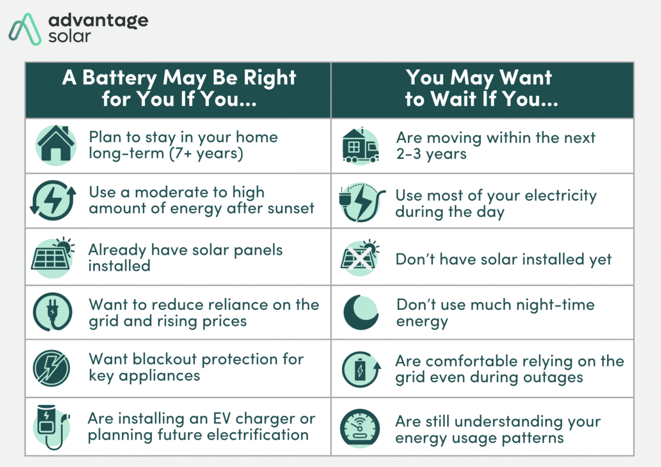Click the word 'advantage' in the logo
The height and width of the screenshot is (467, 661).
point(98,20)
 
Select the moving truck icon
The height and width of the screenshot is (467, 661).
point(360,146)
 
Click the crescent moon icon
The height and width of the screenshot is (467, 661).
point(360,312)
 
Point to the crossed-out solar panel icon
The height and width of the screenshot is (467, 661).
point(360,257)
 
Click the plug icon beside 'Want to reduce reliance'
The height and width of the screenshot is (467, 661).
point(52,312)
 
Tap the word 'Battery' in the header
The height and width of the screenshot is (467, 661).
point(119,78)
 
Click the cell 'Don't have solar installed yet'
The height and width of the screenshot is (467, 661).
point(503,259)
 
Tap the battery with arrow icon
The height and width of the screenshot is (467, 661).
point(360,368)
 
